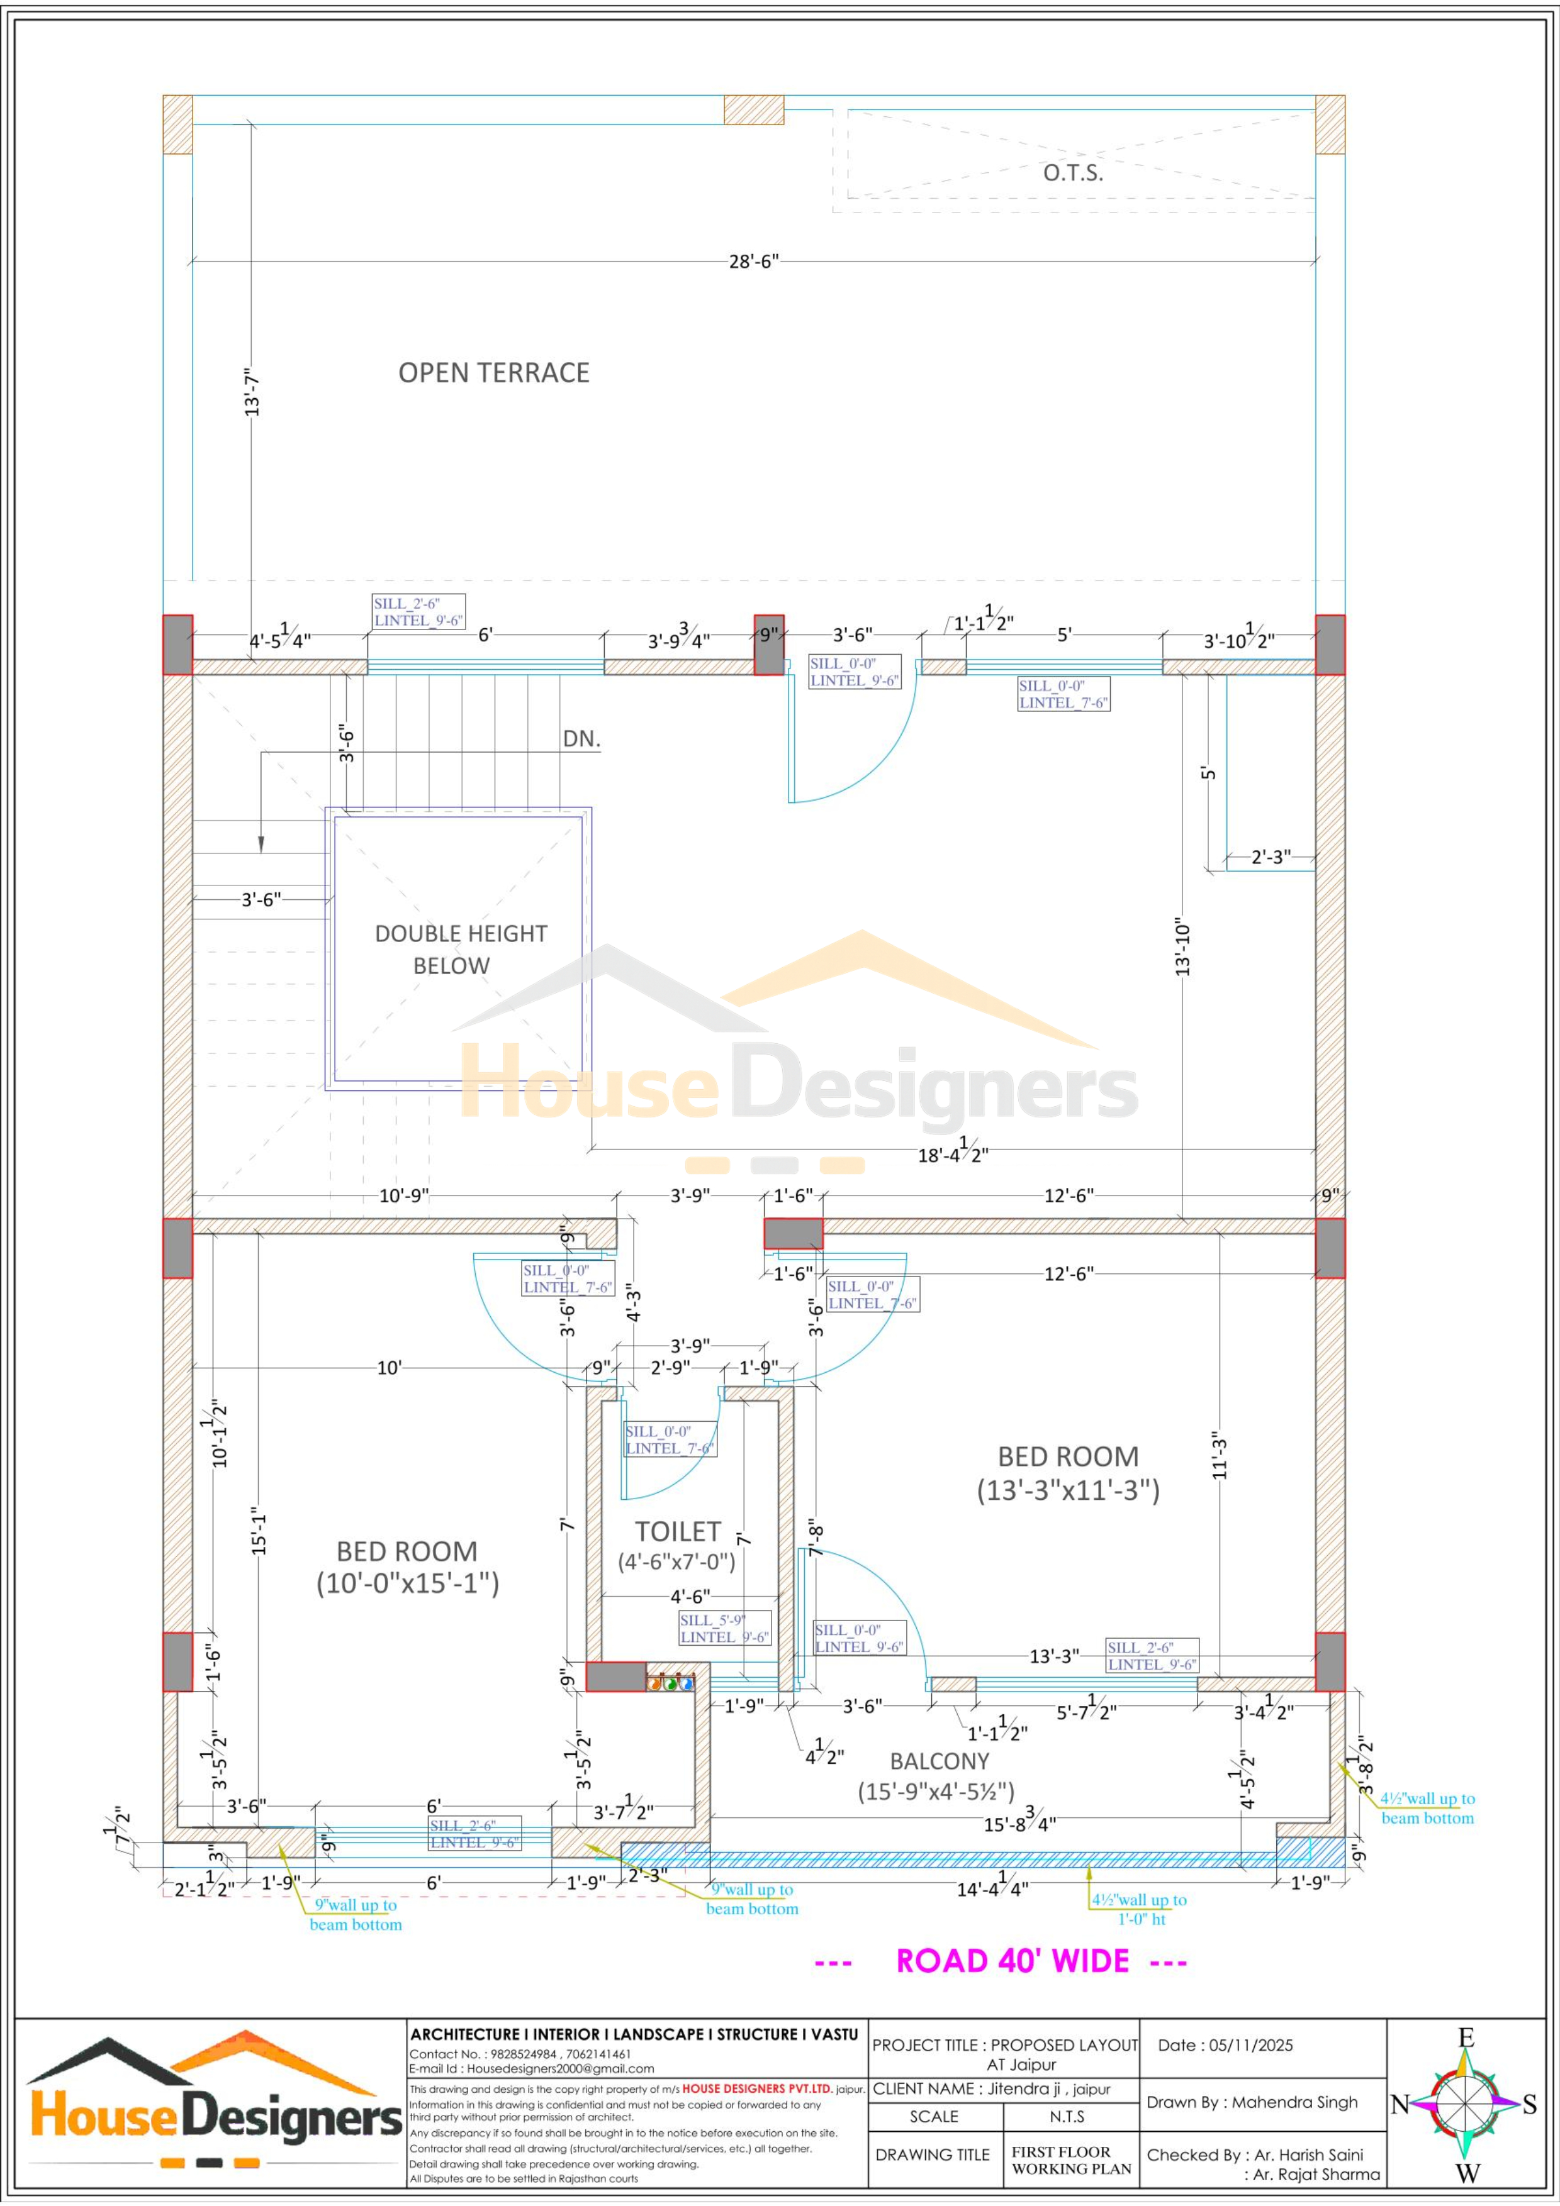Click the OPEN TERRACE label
point(494,373)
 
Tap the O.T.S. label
point(1073,173)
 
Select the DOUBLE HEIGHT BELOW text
point(461,950)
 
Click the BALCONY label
point(939,1761)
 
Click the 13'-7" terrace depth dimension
point(252,391)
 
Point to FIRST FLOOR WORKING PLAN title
point(1072,2161)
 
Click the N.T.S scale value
point(1067,2117)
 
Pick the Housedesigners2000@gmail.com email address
point(560,2069)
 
